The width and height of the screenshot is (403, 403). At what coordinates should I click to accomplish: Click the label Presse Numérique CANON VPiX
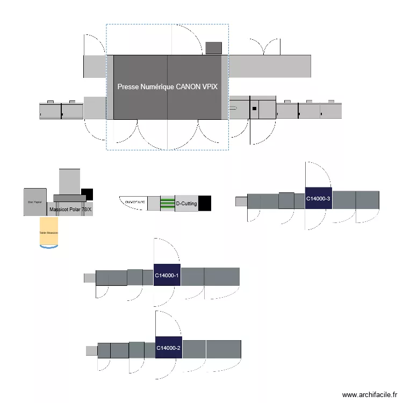pyautogui.click(x=167, y=87)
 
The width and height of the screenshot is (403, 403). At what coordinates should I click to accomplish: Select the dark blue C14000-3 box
pyautogui.click(x=318, y=198)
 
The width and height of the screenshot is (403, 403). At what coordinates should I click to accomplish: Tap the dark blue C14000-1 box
pyautogui.click(x=167, y=275)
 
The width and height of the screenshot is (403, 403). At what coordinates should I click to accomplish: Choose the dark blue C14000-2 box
pyautogui.click(x=168, y=348)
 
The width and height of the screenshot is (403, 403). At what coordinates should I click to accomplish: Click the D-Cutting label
pyautogui.click(x=186, y=204)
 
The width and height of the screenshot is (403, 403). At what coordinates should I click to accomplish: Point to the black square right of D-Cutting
pyautogui.click(x=205, y=203)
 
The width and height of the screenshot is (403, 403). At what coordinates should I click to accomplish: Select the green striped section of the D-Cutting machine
pyautogui.click(x=168, y=203)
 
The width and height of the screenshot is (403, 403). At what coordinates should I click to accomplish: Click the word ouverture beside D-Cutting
pyautogui.click(x=135, y=201)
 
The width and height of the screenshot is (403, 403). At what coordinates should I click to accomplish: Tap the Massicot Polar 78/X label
pyautogui.click(x=70, y=209)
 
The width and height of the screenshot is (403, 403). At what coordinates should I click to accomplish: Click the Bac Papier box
pyautogui.click(x=35, y=202)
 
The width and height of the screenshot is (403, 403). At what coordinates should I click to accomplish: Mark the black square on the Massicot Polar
pyautogui.click(x=87, y=194)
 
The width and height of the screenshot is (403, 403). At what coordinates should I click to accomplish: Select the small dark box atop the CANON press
pyautogui.click(x=214, y=48)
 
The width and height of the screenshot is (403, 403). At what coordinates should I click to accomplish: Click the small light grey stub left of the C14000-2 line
pyautogui.click(x=91, y=350)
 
